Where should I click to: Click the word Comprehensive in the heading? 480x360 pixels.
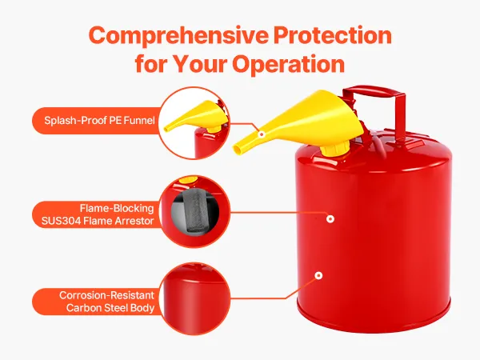pos(178,36)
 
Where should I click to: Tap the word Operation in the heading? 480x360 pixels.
pos(288,65)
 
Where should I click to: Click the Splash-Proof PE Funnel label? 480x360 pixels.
pos(99,120)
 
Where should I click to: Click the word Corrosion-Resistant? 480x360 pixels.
pos(106,295)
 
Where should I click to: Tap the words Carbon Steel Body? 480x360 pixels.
pos(110,308)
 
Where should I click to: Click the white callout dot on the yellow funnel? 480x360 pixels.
pos(261,134)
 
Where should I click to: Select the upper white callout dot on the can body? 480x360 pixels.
pos(330,219)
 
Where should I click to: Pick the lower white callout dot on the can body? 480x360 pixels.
pos(318,275)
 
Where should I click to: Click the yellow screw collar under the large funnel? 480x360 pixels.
pos(334,147)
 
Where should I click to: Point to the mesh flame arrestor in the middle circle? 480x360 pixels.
pos(194,210)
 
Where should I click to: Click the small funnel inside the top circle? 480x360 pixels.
pos(196,118)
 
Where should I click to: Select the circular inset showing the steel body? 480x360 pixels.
pos(195,298)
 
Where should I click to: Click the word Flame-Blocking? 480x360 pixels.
pos(117,208)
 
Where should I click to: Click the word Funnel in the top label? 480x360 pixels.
pos(139,120)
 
